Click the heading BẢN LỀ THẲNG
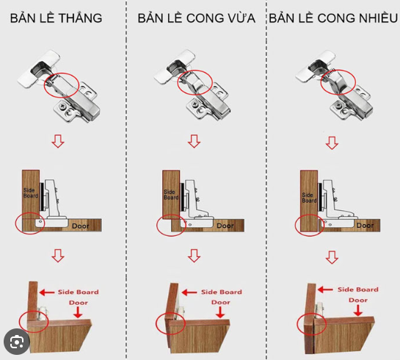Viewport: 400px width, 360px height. [x=56, y=18]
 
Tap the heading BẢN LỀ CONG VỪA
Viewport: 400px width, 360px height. [x=197, y=18]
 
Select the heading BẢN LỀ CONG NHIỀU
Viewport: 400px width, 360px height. [x=333, y=18]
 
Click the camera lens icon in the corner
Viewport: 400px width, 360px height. [x=17, y=342]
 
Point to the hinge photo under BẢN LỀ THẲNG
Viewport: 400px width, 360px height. [x=59, y=86]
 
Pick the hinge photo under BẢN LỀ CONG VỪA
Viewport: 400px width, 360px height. [x=192, y=85]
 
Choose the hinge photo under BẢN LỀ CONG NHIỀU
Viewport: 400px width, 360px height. [x=334, y=85]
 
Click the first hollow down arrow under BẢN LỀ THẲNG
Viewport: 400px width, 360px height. [x=58, y=141]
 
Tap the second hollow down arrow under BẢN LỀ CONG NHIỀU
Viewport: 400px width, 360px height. [x=332, y=257]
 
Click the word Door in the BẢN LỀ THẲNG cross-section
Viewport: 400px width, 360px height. [x=81, y=226]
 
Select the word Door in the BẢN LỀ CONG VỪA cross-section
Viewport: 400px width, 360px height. [x=225, y=226]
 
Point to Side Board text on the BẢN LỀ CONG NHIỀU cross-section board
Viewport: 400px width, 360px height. [x=309, y=198]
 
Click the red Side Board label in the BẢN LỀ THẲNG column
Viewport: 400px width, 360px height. [x=78, y=292]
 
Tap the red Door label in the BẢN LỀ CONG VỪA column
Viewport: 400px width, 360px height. [x=221, y=303]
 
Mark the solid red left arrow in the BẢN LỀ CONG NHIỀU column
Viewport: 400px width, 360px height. [x=325, y=289]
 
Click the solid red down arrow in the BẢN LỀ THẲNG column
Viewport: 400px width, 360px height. [x=78, y=312]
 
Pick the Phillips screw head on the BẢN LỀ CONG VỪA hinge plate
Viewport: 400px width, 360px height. [x=195, y=104]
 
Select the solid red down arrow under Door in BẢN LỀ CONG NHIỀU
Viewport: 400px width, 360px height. [x=358, y=310]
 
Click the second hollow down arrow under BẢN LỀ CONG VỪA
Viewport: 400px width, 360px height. [x=194, y=256]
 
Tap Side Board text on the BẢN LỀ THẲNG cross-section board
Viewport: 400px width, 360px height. [x=31, y=193]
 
